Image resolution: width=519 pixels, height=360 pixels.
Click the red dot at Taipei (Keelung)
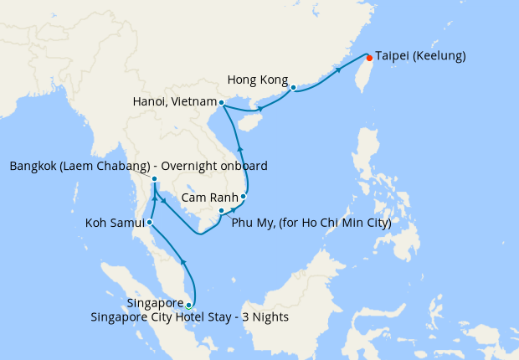[369, 58]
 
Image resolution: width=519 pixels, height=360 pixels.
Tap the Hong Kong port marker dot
[293, 86]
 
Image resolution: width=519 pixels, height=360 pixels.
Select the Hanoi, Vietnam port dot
[221, 103]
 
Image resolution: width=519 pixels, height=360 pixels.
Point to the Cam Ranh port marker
[244, 197]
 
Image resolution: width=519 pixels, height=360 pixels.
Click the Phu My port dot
[221, 210]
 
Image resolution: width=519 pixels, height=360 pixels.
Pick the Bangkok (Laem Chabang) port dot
[155, 178]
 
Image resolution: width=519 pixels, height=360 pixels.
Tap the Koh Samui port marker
[150, 223]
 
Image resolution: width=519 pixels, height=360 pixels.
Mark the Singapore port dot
[189, 305]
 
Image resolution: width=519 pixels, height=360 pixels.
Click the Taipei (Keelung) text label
[420, 56]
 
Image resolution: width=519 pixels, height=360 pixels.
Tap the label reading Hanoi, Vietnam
[174, 101]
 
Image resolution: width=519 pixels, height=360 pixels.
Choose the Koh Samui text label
[115, 224]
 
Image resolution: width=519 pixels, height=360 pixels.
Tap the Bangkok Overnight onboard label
[138, 167]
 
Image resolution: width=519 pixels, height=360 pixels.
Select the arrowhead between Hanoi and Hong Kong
[260, 109]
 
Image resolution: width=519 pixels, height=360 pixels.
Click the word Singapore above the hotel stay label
[156, 303]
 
